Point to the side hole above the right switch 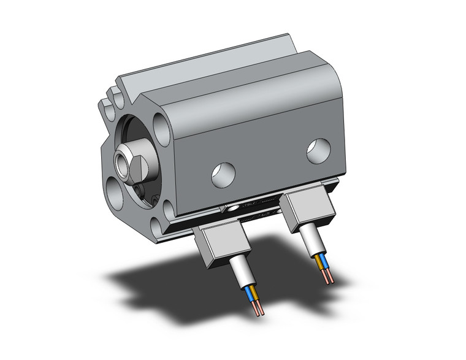point(318,151)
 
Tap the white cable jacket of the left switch point(241,276)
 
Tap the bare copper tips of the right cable point(331,279)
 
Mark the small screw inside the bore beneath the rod point(142,192)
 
